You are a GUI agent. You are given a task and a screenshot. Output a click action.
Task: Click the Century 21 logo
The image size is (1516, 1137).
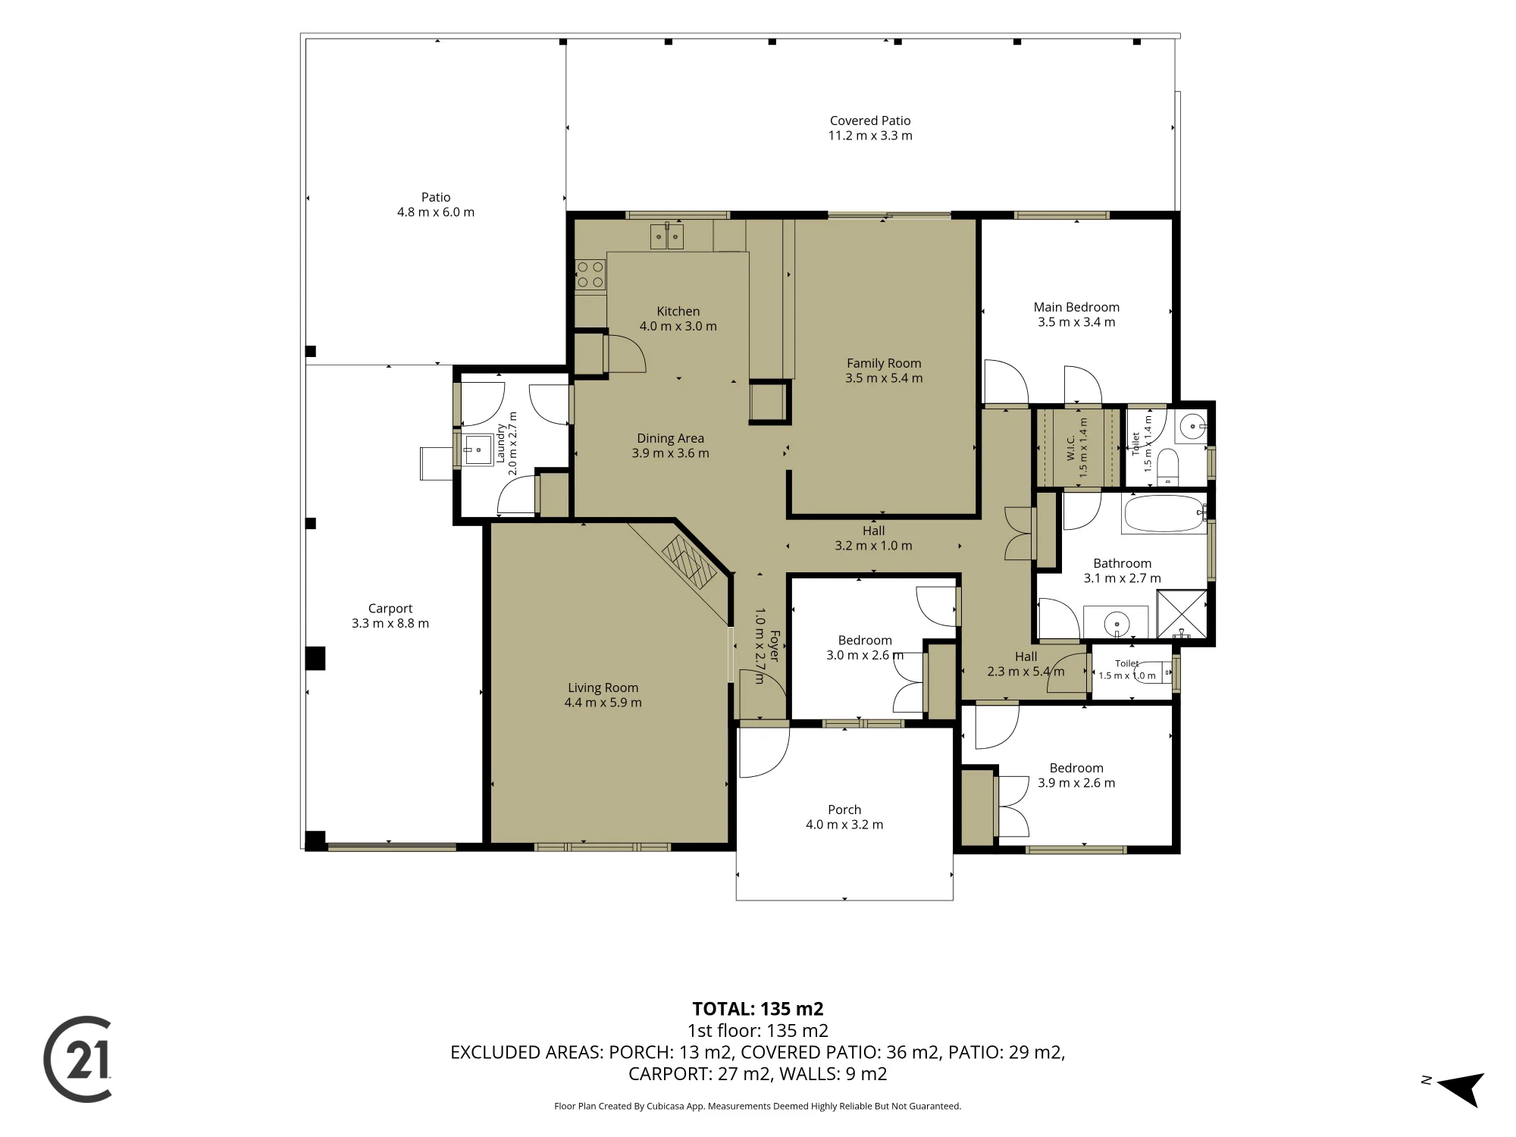click(x=78, y=1059)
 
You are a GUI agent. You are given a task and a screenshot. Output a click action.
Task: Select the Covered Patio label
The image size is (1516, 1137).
click(x=870, y=121)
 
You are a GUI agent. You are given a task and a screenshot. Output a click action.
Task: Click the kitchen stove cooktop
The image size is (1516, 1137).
click(x=590, y=274)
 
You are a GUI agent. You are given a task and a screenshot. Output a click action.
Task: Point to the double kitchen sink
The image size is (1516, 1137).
click(x=666, y=236)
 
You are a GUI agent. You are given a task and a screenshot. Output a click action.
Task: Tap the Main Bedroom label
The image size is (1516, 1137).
click(x=1076, y=307)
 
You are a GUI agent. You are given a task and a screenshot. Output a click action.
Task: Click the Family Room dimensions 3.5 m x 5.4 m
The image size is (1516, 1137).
click(x=884, y=378)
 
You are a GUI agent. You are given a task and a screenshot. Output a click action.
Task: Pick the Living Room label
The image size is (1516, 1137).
click(x=603, y=688)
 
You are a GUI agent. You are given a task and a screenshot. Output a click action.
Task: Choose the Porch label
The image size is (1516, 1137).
click(x=844, y=810)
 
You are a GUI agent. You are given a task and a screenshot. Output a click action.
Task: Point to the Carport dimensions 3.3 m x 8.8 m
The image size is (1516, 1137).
click(x=390, y=624)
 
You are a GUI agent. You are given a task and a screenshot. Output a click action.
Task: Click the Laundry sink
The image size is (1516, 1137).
click(x=478, y=450)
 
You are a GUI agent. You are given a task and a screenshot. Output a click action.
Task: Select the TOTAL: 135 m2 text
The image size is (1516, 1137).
click(x=758, y=1009)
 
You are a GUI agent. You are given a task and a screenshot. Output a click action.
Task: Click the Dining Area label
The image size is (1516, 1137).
click(x=670, y=438)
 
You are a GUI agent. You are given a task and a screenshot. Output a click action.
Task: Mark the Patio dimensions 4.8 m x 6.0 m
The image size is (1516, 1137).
click(x=436, y=212)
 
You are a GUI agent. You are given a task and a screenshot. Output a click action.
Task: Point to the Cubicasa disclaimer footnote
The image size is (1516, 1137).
click(x=758, y=1107)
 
